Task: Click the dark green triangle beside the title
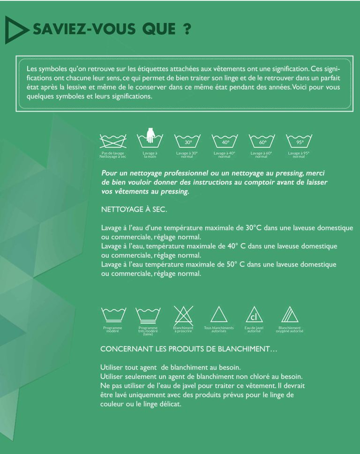tap(14, 30)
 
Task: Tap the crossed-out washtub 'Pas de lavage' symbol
tap(113, 140)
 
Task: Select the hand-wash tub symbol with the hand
tap(150, 138)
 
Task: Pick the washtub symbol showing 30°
tap(187, 141)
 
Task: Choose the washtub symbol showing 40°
tap(225, 141)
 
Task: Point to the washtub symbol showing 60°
tap(262, 141)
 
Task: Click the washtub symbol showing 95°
tap(299, 141)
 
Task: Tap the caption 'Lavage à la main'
tap(150, 155)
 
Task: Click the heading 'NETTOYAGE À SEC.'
tap(134, 209)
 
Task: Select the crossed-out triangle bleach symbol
tap(182, 314)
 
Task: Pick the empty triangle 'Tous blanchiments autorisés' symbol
tap(218, 314)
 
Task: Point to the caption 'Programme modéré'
tap(112, 329)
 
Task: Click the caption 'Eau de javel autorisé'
tap(254, 329)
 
